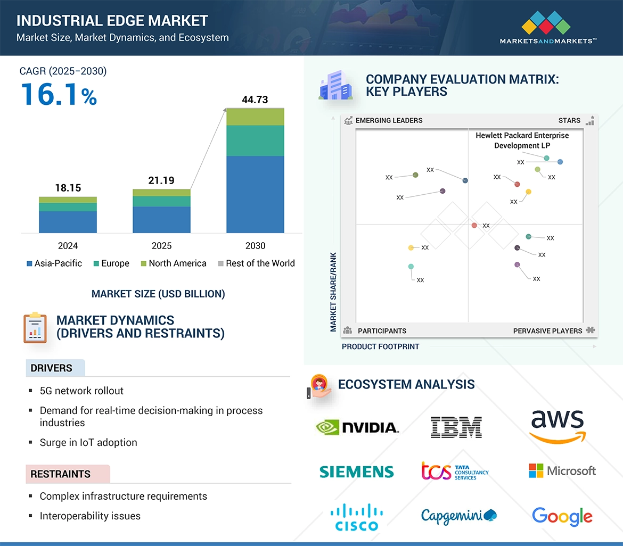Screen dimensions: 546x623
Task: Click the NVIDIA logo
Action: click(357, 427)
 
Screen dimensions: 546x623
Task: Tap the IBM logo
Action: click(456, 427)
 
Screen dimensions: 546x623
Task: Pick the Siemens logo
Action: click(357, 471)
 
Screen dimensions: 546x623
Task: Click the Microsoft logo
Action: click(562, 471)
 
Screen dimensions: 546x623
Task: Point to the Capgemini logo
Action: click(458, 515)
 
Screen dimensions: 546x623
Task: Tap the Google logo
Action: click(562, 516)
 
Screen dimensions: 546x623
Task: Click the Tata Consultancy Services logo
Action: click(455, 471)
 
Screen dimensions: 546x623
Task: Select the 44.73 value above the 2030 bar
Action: click(255, 100)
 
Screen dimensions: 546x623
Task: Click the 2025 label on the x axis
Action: click(161, 246)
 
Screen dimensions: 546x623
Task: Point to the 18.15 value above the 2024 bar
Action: click(68, 188)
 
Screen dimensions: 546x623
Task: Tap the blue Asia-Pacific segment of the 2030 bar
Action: click(255, 194)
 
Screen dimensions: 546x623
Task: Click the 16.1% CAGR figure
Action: click(59, 94)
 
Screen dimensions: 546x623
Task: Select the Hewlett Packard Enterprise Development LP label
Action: click(522, 140)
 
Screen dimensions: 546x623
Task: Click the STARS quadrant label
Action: click(569, 121)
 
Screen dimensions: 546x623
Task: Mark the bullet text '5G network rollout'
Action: click(81, 391)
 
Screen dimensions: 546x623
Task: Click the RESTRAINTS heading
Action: click(60, 474)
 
